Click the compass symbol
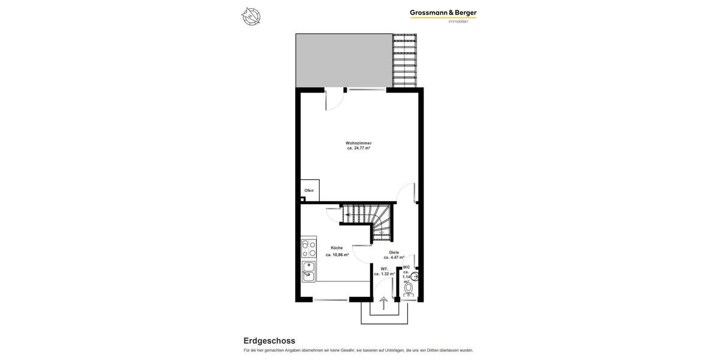[251, 16]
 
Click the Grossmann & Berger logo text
[443, 13]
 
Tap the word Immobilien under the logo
[458, 22]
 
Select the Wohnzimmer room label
[358, 143]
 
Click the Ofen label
[309, 190]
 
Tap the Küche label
[337, 248]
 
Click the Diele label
[394, 252]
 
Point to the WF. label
[384, 269]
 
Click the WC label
[406, 267]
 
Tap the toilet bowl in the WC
[409, 289]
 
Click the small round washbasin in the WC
[415, 277]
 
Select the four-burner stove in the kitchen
[308, 248]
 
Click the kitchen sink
[308, 271]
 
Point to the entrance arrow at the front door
[383, 304]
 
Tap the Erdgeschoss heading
[269, 341]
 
